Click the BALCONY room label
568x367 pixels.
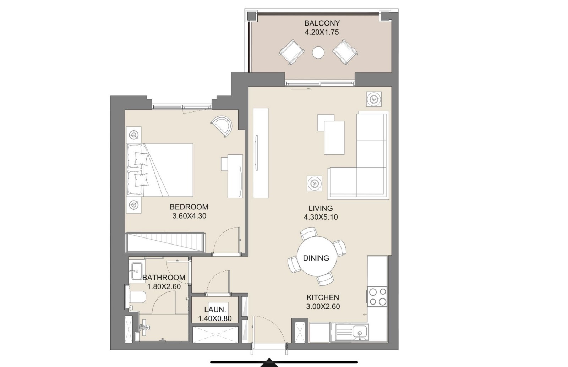(322, 23)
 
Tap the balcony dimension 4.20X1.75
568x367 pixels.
(322, 32)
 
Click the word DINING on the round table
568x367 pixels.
(316, 258)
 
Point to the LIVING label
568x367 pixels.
(321, 208)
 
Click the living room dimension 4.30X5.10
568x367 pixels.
(321, 217)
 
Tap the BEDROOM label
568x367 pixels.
(189, 207)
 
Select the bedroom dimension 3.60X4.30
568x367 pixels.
(189, 216)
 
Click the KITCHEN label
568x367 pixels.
(323, 297)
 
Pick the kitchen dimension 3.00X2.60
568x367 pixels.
(323, 307)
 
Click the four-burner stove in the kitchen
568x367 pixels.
(377, 296)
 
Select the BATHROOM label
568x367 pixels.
(164, 278)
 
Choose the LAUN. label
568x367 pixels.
(215, 310)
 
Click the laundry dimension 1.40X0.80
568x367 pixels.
(215, 318)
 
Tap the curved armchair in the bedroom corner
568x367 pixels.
(222, 126)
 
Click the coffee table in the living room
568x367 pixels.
(334, 137)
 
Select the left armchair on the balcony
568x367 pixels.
(292, 52)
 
